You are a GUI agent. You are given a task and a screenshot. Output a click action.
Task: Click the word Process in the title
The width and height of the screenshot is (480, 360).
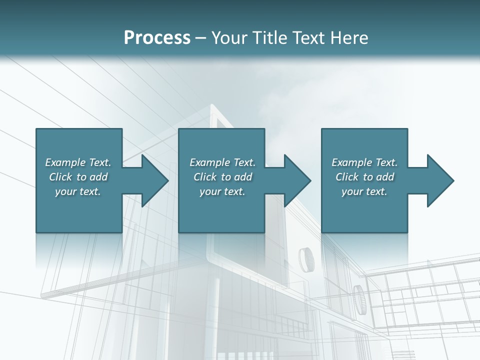pyautogui.click(x=157, y=38)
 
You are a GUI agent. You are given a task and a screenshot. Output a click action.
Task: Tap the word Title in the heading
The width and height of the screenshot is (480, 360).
pyautogui.click(x=269, y=38)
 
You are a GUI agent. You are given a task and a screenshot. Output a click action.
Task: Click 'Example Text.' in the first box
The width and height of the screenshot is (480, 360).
pyautogui.click(x=78, y=162)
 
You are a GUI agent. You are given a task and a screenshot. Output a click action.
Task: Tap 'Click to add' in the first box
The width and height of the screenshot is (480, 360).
pyautogui.click(x=78, y=177)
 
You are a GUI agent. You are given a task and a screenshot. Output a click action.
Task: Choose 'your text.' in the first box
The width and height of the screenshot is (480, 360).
pyautogui.click(x=78, y=191)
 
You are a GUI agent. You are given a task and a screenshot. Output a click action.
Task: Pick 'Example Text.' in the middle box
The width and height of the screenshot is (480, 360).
pyautogui.click(x=222, y=162)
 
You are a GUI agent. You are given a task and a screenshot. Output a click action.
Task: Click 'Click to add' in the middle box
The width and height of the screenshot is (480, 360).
pyautogui.click(x=222, y=177)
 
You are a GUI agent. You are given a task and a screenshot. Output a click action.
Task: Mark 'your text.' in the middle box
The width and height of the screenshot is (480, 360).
pyautogui.click(x=222, y=191)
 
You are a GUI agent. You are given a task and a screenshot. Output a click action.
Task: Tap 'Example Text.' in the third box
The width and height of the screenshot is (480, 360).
pyautogui.click(x=364, y=162)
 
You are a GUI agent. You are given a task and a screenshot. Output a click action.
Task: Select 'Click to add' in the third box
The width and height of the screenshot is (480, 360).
pyautogui.click(x=364, y=177)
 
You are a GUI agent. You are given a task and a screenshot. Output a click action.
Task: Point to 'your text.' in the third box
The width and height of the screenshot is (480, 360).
pyautogui.click(x=364, y=191)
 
